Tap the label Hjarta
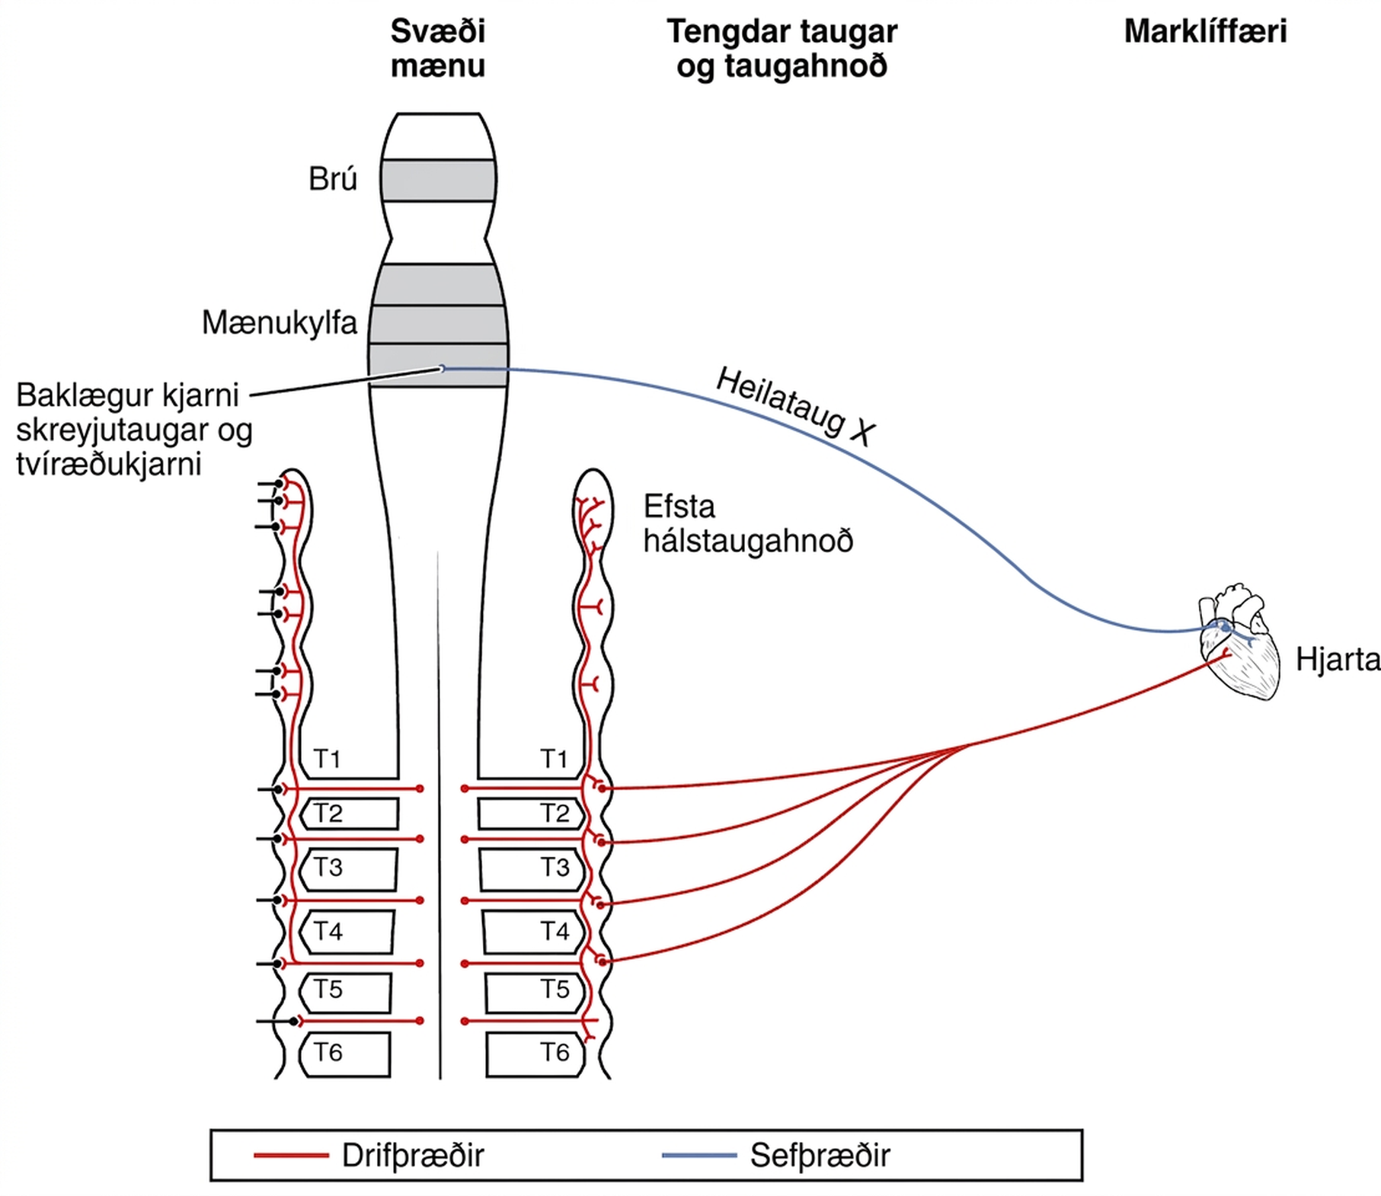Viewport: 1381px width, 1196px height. (1338, 660)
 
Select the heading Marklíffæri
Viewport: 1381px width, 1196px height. (1205, 31)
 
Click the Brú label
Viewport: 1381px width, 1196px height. (333, 179)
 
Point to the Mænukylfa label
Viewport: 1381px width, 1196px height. (280, 323)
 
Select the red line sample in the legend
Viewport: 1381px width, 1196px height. (291, 1156)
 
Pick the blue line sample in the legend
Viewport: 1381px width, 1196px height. (699, 1156)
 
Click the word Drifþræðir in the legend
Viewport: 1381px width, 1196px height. (413, 1156)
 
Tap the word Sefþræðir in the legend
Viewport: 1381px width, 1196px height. (820, 1156)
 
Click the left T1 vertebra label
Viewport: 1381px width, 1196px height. (328, 759)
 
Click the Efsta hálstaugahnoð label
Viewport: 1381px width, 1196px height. (748, 524)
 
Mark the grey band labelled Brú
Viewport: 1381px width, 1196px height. (439, 181)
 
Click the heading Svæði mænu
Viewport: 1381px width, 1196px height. (438, 48)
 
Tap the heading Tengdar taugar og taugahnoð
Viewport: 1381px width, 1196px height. (782, 48)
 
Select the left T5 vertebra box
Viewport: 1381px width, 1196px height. (345, 992)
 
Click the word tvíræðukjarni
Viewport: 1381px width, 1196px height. (109, 464)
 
